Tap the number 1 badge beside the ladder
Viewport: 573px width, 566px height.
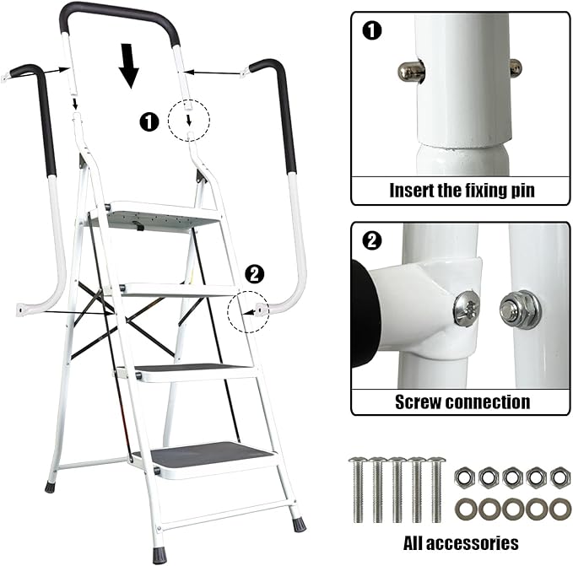149,122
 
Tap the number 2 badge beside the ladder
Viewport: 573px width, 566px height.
253,273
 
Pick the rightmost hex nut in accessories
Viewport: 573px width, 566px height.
559,477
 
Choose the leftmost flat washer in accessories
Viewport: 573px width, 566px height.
463,509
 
